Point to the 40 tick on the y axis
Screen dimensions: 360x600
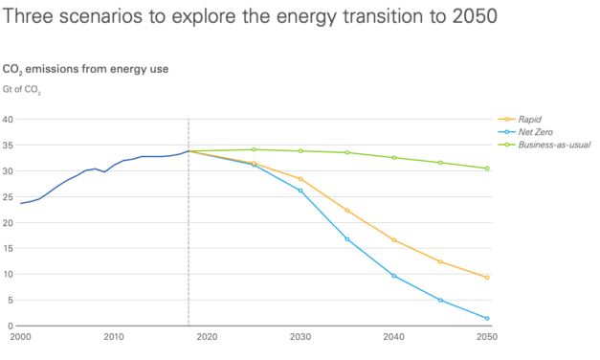pos(8,120)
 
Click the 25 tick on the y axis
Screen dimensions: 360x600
pos(8,197)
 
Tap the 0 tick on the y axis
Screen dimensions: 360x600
pos(11,326)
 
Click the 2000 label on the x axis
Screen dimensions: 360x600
pos(21,337)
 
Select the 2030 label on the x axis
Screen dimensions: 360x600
pos(300,337)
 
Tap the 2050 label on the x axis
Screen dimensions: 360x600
pos(487,337)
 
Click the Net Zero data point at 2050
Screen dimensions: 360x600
pos(487,318)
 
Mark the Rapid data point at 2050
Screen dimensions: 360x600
pos(487,278)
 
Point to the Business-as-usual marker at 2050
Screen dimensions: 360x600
pos(487,169)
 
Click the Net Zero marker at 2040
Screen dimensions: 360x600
pos(393,276)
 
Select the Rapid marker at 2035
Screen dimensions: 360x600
pos(347,210)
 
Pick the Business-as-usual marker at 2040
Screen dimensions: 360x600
pos(393,157)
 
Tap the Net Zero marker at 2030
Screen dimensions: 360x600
pos(300,191)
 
